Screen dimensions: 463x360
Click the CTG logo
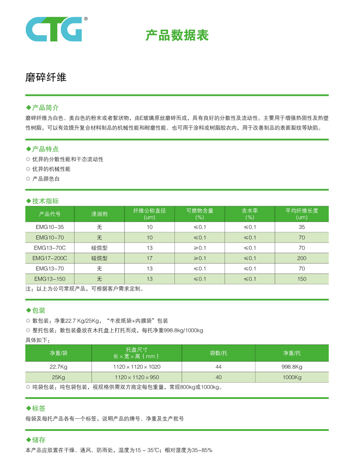[x=54, y=29]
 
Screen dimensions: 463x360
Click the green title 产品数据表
[x=177, y=36]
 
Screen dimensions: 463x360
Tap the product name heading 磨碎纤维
[x=46, y=77]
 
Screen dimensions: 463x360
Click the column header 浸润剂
[x=99, y=214]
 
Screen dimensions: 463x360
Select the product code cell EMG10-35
[x=50, y=227]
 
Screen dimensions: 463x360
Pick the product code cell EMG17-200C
[x=50, y=258]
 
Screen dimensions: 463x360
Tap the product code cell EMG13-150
[x=50, y=279]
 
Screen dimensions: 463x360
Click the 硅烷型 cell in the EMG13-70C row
[x=99, y=248]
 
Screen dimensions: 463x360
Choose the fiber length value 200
[x=302, y=258]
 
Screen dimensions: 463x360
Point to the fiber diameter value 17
[x=149, y=258]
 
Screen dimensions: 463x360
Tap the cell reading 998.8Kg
[x=292, y=367]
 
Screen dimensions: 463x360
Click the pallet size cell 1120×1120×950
[x=137, y=377]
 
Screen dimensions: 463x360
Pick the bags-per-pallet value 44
[x=218, y=367]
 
